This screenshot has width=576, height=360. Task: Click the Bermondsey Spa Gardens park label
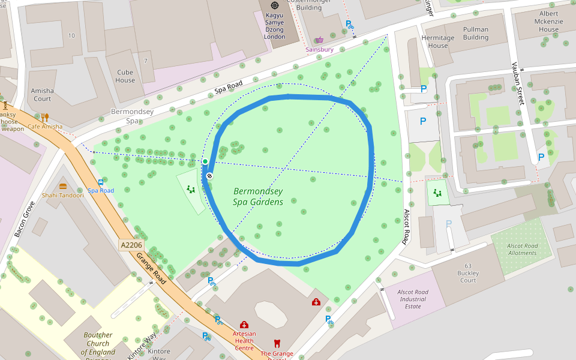tap(258, 197)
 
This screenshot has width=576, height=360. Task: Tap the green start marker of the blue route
tap(205, 161)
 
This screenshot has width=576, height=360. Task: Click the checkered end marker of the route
tap(209, 176)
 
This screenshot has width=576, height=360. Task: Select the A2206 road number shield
tap(131, 245)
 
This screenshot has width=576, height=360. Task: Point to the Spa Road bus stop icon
tap(101, 182)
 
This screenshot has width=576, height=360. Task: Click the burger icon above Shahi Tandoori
tap(63, 187)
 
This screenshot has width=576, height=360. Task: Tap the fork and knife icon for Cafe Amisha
tap(45, 118)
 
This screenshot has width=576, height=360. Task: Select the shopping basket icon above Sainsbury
tap(319, 40)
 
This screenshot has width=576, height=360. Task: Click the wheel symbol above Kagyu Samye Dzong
tap(275, 5)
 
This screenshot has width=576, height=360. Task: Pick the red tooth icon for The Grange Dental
tap(277, 344)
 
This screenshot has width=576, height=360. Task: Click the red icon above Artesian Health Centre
tap(244, 325)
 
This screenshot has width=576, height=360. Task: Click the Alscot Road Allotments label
tap(522, 249)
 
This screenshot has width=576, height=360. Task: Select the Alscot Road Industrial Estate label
tap(413, 299)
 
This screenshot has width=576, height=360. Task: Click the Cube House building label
tap(125, 76)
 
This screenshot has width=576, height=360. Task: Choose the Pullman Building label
tap(476, 33)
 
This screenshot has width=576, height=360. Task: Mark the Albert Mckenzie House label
tap(548, 21)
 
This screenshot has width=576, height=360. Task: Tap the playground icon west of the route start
tap(191, 190)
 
